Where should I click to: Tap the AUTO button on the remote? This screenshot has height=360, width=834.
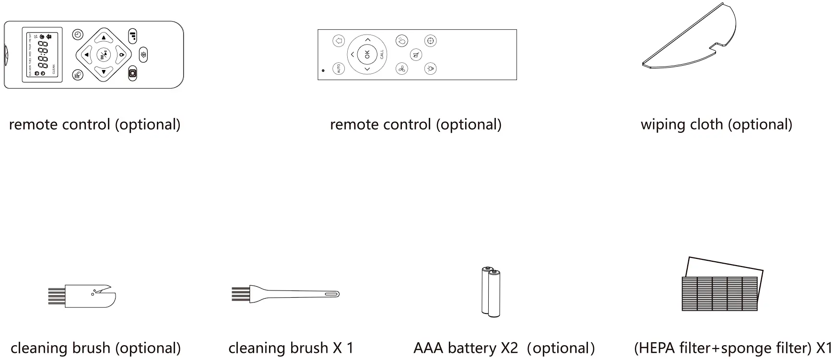click(x=339, y=69)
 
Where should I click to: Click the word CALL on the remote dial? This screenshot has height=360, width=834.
click(x=382, y=54)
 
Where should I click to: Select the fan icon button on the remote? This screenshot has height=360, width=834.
click(x=401, y=69)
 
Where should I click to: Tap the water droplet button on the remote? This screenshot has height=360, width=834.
click(x=401, y=41)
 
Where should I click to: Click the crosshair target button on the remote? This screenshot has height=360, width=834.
click(x=430, y=41)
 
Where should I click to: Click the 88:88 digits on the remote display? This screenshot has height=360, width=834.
click(x=43, y=54)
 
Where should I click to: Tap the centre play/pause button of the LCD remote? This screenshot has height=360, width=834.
click(x=104, y=55)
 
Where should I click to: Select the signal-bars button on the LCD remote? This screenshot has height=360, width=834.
click(x=133, y=35)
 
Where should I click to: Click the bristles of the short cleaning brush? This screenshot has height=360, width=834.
click(x=57, y=297)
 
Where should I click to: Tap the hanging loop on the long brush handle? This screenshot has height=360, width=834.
click(x=332, y=294)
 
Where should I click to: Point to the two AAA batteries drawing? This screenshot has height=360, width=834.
click(x=491, y=292)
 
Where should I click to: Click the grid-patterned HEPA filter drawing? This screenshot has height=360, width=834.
click(x=719, y=292)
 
